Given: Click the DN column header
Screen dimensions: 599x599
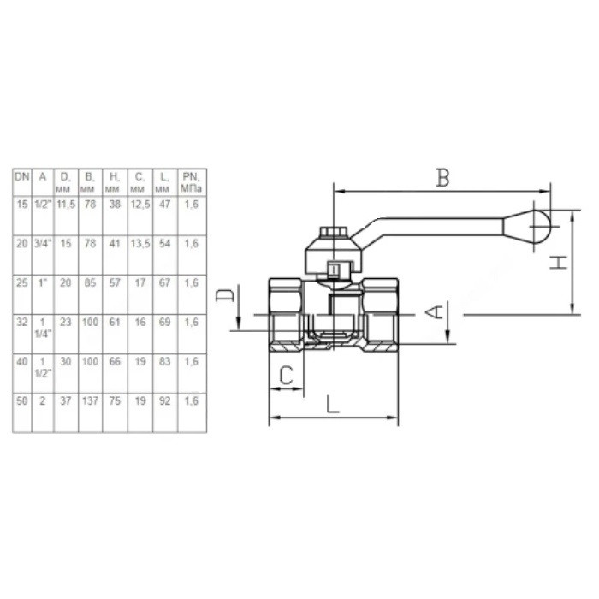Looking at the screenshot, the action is point(22,177).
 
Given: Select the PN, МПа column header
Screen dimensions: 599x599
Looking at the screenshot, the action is point(192,182).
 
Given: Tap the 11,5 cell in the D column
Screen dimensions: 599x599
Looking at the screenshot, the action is point(66,205).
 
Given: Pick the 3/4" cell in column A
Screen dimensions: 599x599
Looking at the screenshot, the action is point(43,243).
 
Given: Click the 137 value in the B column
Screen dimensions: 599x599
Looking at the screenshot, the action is point(90,400).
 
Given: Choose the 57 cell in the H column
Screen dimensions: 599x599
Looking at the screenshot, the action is point(115,282).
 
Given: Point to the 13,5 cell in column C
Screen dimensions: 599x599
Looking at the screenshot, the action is point(140,243).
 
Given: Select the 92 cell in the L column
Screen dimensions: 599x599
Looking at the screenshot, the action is point(164,400).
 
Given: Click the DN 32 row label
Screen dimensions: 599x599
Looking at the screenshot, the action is point(22,322).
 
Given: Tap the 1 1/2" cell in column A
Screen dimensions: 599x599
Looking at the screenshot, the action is point(43,367).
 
